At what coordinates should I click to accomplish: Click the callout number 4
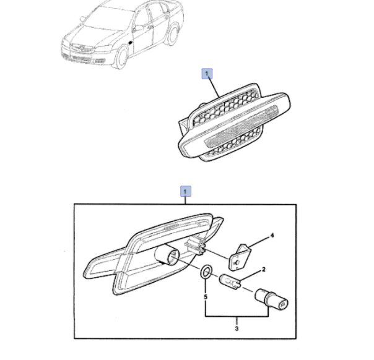(272, 236)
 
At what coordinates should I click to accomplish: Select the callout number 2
(264, 270)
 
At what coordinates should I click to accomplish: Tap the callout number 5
(206, 297)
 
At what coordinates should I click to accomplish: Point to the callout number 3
(237, 328)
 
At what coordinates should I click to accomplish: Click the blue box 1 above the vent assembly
(207, 74)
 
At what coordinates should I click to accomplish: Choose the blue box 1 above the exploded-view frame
(186, 191)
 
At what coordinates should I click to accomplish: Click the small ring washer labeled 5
(206, 272)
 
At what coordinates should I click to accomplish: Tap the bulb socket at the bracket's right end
(272, 299)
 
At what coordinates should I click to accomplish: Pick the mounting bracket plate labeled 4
(240, 257)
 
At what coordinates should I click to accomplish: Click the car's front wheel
(121, 58)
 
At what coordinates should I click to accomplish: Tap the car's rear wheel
(173, 35)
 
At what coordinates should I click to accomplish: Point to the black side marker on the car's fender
(131, 43)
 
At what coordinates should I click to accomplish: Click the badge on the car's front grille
(82, 48)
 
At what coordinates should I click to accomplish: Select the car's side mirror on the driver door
(138, 28)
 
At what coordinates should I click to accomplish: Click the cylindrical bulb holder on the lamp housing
(166, 256)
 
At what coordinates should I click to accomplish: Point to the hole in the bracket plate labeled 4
(237, 262)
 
